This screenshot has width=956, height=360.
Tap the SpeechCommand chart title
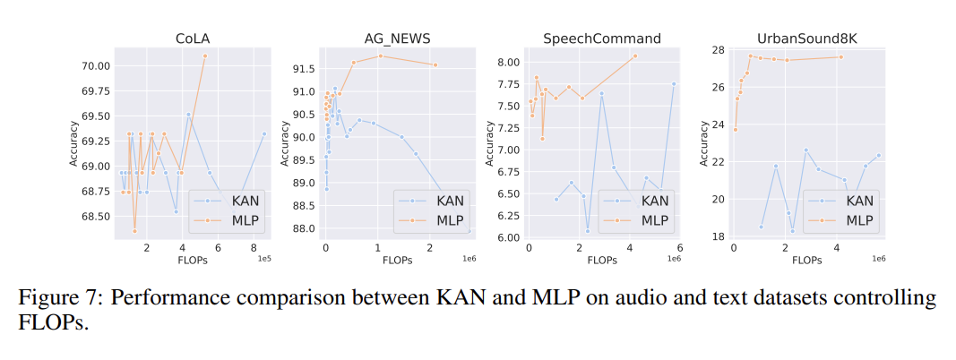[x=602, y=39]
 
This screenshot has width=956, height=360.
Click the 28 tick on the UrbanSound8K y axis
[x=720, y=49]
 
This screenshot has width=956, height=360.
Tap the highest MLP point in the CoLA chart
[x=205, y=56]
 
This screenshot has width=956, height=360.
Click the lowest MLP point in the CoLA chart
[x=134, y=231]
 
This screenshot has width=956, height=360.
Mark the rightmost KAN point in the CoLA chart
[x=264, y=133]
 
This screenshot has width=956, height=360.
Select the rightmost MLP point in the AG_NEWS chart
[x=435, y=64]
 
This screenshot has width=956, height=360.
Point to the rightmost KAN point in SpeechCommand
[x=674, y=83]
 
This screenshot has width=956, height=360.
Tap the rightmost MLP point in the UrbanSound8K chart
[x=840, y=57]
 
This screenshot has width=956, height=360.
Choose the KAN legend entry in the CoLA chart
[x=228, y=200]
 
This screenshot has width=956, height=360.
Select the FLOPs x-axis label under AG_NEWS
[x=397, y=260]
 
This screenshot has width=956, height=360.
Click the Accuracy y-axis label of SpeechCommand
[x=489, y=144]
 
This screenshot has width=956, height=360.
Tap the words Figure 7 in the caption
[x=53, y=300]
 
